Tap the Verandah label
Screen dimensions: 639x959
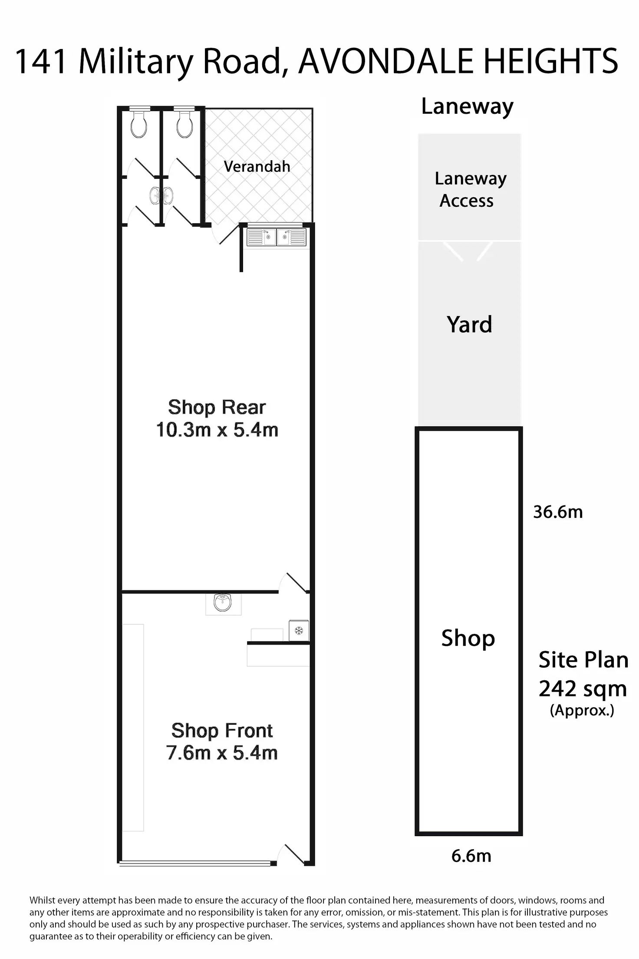pos(257,166)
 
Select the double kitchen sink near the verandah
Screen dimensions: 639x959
pos(277,237)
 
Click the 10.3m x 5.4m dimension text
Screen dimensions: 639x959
pos(217,430)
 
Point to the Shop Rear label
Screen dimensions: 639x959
pos(217,407)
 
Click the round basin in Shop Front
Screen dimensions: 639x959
pos(223,603)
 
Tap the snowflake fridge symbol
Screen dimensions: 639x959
pos(299,630)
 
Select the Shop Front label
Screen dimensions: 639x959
pos(222,731)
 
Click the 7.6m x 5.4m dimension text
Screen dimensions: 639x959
pos(222,753)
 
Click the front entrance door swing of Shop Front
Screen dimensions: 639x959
pos(293,854)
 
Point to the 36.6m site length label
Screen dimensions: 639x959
pos(558,512)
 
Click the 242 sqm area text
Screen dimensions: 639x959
pos(583,689)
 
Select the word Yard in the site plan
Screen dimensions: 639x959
pos(469,325)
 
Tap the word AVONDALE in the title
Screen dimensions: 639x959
pos(385,62)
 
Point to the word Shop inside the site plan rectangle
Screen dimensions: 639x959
pos(468,638)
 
